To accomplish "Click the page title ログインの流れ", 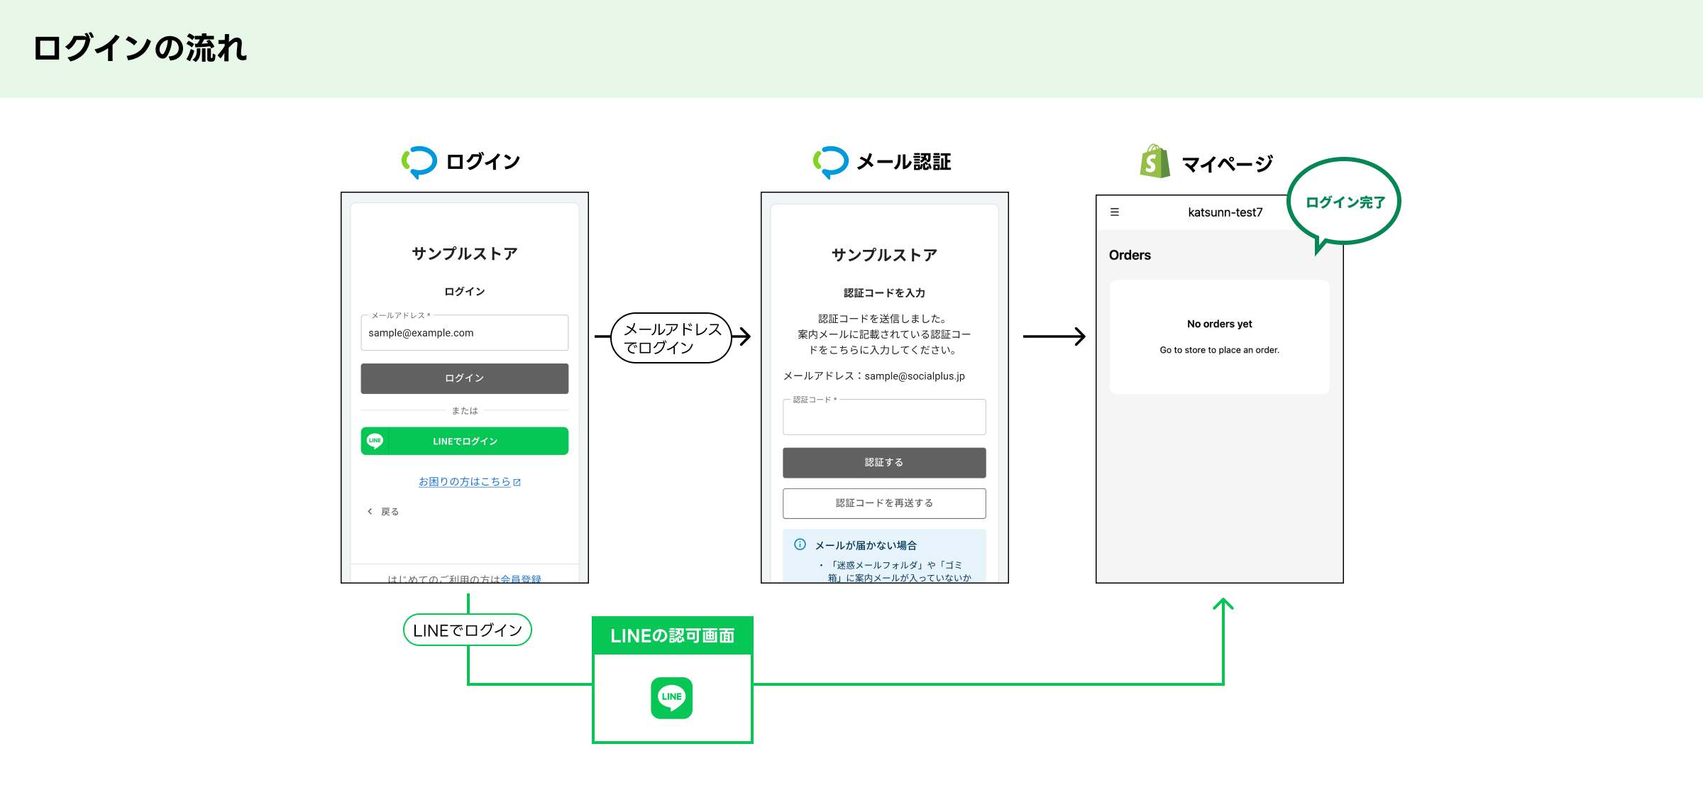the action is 140,48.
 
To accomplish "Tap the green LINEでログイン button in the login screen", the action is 465,441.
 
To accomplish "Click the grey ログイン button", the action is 465,378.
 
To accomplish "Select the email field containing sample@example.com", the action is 465,333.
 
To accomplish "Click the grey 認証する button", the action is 884,462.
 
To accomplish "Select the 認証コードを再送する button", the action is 884,503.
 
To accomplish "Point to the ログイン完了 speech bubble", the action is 1344,202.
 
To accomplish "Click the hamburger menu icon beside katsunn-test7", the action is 1115,212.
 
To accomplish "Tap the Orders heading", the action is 1130,255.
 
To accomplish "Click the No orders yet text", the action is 1219,324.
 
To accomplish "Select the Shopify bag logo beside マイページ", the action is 1155,162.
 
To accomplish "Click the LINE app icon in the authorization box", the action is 672,697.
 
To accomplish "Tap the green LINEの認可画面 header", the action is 672,635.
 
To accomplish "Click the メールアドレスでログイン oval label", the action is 671,338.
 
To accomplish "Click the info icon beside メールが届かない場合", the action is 800,545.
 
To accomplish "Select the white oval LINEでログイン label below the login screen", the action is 468,630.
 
